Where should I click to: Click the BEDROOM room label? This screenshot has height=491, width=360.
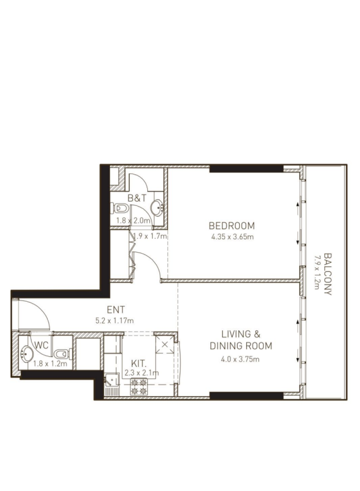tap(232, 226)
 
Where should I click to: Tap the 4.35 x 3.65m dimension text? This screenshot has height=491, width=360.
tap(232, 237)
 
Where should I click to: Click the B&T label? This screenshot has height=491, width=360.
tap(137, 198)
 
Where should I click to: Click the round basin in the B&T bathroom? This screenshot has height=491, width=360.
tap(157, 207)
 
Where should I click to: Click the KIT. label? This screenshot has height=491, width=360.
tap(139, 364)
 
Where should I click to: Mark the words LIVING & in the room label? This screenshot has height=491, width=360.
tap(241, 334)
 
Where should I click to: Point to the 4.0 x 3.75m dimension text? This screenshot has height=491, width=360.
tap(241, 359)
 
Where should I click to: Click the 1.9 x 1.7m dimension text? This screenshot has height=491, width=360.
tap(150, 236)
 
